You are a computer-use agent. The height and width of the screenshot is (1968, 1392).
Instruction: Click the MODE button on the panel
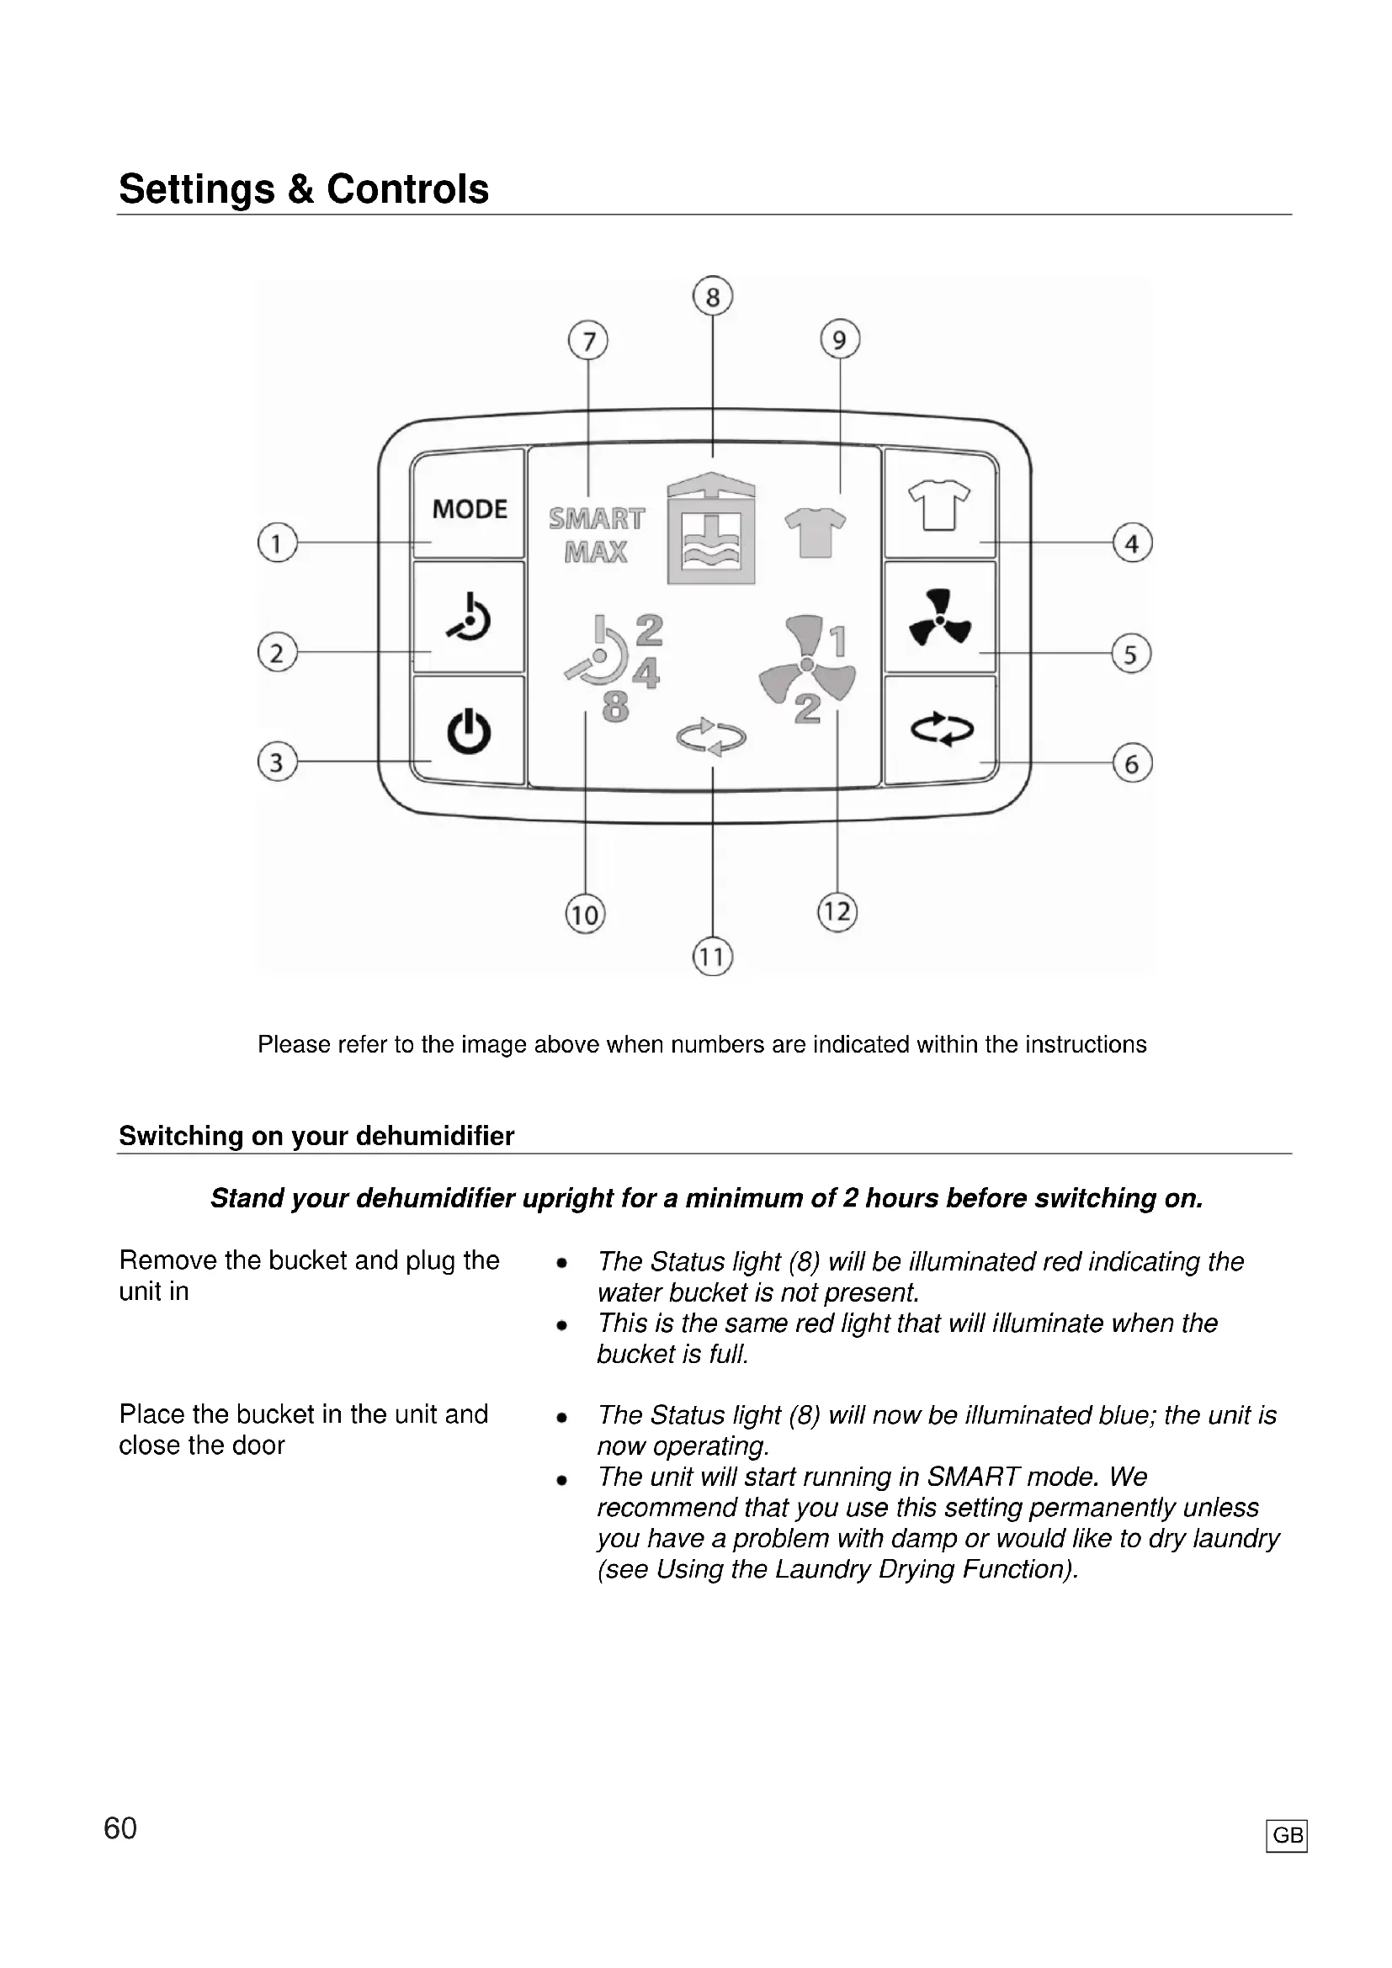pos(469,509)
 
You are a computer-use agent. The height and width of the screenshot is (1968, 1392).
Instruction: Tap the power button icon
pos(469,731)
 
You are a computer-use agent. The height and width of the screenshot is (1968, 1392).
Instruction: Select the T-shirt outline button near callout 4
pos(939,505)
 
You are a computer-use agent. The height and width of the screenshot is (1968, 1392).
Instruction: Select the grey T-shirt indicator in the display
pos(816,533)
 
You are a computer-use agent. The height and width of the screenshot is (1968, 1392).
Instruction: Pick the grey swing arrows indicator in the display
pos(711,737)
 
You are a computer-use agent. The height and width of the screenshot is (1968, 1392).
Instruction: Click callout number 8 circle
pos(712,296)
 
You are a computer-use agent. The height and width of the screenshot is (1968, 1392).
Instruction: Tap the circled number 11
pos(712,957)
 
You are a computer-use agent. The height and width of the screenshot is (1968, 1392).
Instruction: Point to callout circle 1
pos(277,543)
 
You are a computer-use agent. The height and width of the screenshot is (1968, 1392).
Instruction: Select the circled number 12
pos(837,911)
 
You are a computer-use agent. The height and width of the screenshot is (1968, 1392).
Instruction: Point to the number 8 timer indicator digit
pos(615,708)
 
